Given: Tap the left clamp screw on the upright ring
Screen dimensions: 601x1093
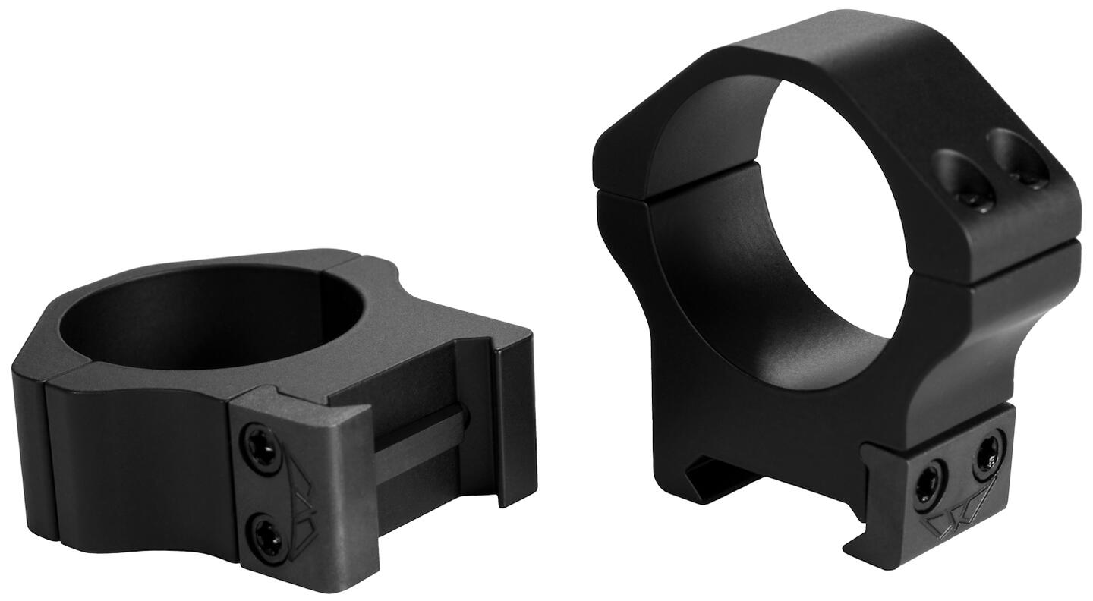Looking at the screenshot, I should coord(928,484).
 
